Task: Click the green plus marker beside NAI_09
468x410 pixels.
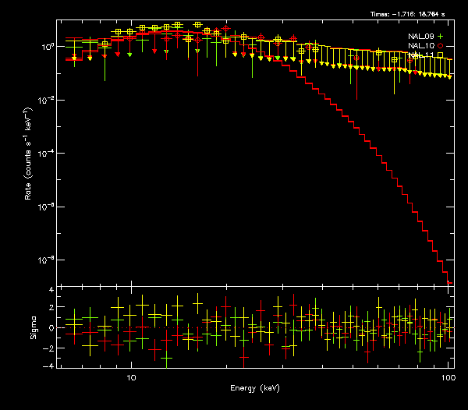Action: click(x=441, y=37)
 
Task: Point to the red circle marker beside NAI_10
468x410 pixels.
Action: click(x=441, y=46)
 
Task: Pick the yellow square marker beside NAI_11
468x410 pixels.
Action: click(x=441, y=55)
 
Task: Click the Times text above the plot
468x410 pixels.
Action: click(x=411, y=14)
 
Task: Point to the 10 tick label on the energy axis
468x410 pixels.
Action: click(x=131, y=376)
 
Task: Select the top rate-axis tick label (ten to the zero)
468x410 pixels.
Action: click(x=48, y=47)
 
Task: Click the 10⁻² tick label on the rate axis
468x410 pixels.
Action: click(x=46, y=100)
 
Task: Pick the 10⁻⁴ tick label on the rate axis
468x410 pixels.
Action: click(x=46, y=153)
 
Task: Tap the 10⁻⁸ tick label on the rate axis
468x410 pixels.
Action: click(x=46, y=259)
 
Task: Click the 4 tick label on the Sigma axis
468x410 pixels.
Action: click(x=51, y=290)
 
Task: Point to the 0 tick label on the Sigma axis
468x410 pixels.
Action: click(x=51, y=328)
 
